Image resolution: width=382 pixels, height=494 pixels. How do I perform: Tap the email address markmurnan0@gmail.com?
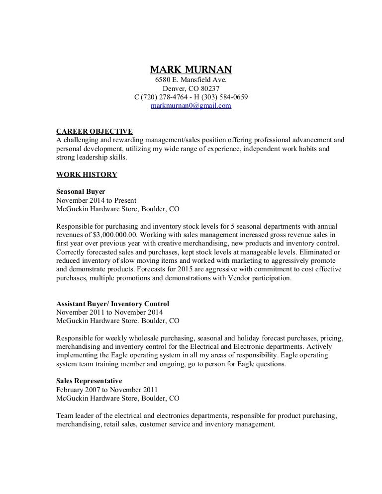click(191, 106)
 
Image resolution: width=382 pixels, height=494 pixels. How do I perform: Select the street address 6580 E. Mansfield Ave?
click(191, 80)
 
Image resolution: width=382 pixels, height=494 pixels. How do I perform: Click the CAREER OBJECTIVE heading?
click(95, 132)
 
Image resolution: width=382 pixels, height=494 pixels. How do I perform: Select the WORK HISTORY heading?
click(87, 174)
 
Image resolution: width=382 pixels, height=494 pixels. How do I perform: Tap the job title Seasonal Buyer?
click(81, 192)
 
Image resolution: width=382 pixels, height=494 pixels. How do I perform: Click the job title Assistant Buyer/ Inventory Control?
click(113, 304)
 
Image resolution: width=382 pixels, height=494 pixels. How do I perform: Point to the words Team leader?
click(74, 415)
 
